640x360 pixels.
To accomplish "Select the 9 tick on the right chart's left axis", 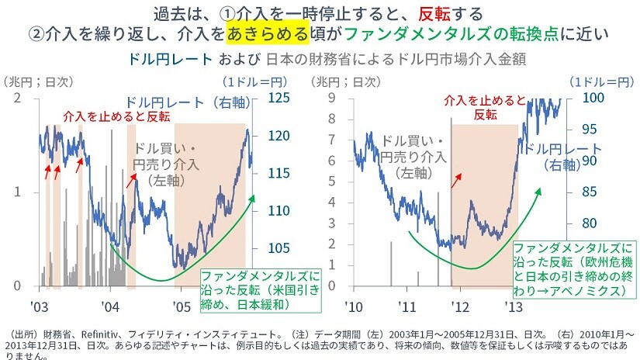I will point(330,98).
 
